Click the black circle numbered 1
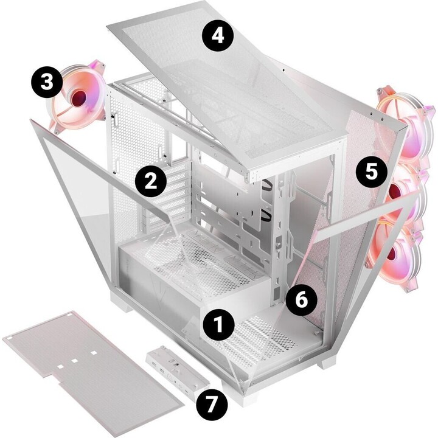218,325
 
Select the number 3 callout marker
46,82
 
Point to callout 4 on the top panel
218,36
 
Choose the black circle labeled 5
372,171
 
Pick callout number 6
301,299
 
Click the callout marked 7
212,405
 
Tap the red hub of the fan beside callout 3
80,98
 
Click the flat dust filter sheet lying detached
92,372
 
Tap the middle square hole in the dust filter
75,360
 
